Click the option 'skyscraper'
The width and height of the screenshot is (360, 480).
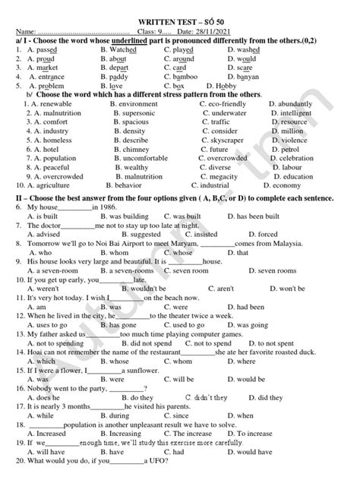pyautogui.click(x=227, y=140)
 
